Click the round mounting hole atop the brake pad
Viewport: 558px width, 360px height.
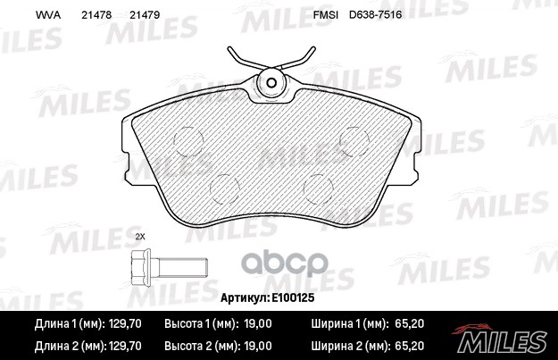tap(271, 85)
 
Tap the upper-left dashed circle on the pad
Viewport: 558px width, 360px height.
tap(189, 140)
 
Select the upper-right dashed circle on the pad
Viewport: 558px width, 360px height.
tap(355, 140)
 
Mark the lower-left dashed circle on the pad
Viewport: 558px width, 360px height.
tap(224, 187)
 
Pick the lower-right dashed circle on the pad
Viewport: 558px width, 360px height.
tap(319, 187)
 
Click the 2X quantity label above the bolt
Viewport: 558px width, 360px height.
tap(139, 237)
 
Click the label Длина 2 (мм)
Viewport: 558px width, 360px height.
tap(62, 344)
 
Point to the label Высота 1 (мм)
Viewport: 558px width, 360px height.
tap(202, 325)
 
